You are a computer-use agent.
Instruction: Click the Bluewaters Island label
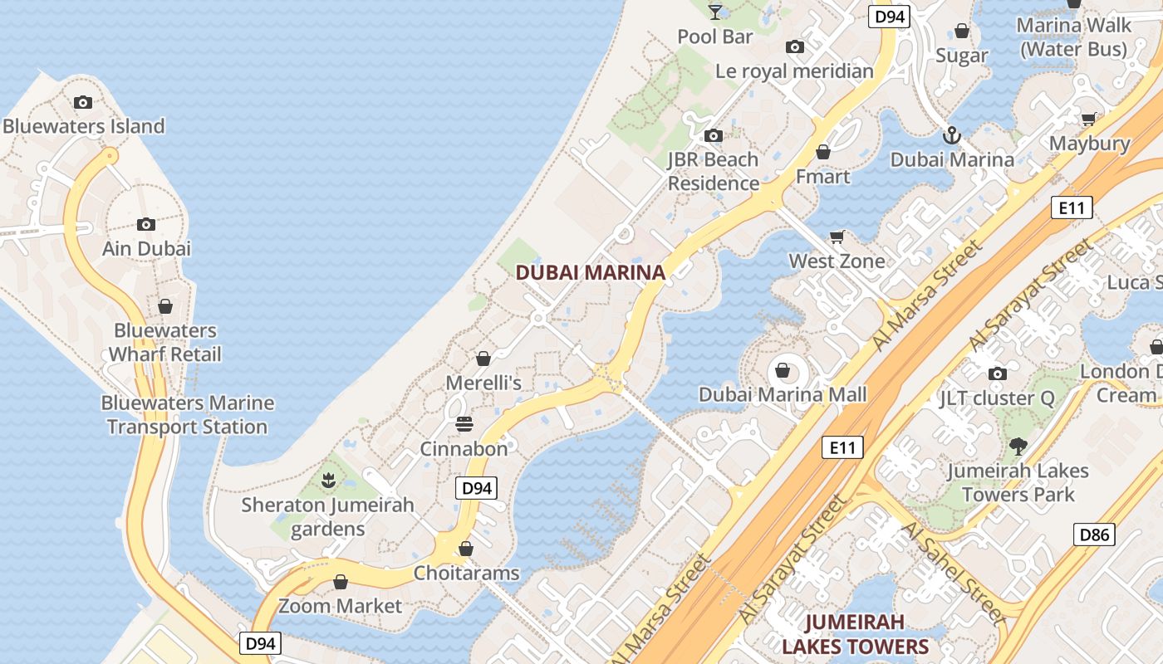click(x=84, y=126)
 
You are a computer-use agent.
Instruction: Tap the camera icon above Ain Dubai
click(x=146, y=224)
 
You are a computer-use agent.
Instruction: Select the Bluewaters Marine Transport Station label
click(x=187, y=415)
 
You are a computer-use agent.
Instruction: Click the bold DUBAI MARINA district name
click(x=591, y=272)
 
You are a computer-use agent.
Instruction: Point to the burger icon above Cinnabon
click(x=464, y=425)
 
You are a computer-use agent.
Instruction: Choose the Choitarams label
click(x=466, y=573)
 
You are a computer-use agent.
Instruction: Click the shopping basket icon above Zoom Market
click(x=341, y=582)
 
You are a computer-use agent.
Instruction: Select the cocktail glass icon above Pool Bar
click(x=714, y=12)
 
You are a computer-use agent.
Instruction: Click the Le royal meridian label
click(x=794, y=71)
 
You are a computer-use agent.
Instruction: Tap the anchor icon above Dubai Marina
click(x=952, y=135)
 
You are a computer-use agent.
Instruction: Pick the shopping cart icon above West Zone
click(x=837, y=237)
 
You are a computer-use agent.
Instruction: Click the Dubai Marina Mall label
click(x=783, y=394)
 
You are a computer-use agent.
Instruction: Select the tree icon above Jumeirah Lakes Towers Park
click(x=1018, y=447)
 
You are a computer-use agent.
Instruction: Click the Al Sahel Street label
click(x=953, y=572)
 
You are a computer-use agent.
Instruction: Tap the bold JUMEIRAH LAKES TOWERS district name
click(x=855, y=634)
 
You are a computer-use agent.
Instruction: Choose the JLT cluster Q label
click(x=997, y=398)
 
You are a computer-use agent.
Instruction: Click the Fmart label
click(x=822, y=176)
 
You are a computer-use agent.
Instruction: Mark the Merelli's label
click(x=483, y=383)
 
